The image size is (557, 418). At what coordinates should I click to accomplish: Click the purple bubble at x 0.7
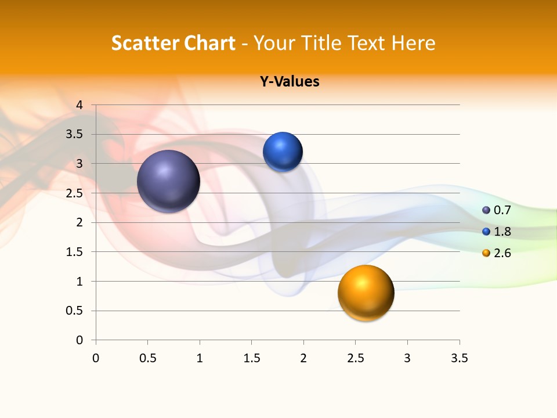[169, 181]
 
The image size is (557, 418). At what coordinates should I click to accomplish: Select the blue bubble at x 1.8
[283, 152]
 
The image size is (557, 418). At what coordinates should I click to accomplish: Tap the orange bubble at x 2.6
[366, 293]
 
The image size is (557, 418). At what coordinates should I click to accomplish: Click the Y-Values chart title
[290, 82]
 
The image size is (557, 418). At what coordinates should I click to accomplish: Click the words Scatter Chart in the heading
[173, 43]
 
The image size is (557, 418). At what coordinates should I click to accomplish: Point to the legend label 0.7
[502, 210]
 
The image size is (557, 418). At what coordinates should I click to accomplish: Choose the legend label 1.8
[502, 232]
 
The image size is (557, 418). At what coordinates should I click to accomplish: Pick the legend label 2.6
[502, 253]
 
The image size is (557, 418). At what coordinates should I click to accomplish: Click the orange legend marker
[486, 253]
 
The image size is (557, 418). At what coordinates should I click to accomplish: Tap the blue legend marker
[486, 232]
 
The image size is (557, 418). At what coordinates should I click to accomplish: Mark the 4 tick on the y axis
[79, 105]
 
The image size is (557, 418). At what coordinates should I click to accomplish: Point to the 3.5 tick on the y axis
[76, 135]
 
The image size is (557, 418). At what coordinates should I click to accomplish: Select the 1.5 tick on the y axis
[76, 252]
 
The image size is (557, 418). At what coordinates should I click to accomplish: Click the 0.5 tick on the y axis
[76, 311]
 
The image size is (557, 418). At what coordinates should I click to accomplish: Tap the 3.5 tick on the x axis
[459, 358]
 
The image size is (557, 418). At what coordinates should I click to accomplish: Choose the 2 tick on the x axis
[303, 358]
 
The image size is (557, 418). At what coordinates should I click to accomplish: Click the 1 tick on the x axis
[200, 358]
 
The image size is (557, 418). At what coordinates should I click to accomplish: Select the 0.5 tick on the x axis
[147, 358]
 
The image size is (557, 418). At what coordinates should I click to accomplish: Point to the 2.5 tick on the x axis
[355, 358]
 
